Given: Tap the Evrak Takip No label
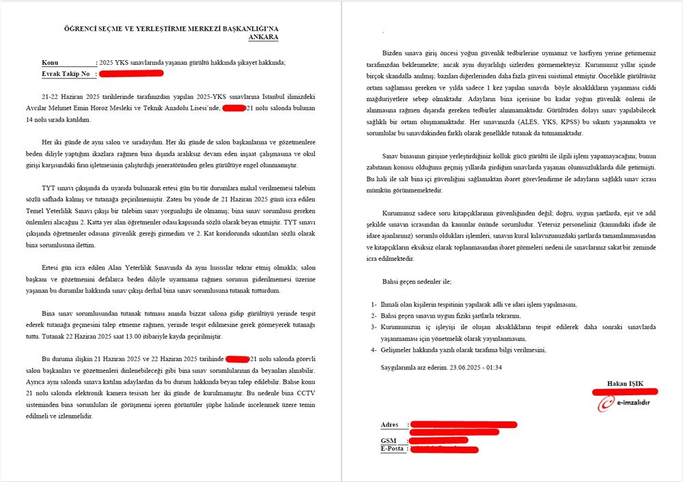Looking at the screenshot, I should tap(66, 72).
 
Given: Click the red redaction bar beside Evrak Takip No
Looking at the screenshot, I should tap(130, 72).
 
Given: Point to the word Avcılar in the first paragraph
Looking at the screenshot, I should tap(53, 109).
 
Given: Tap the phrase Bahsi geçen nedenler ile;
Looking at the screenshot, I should tap(417, 281).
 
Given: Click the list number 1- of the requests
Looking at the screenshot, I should tap(374, 304).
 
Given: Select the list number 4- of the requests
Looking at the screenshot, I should tap(374, 350).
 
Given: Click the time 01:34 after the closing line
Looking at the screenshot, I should tap(493, 367).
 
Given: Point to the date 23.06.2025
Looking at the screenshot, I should tap(465, 367).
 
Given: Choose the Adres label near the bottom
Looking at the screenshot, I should tap(390, 425).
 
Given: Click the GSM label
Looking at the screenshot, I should tap(388, 440).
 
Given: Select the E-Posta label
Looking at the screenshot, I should tap(393, 449).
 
